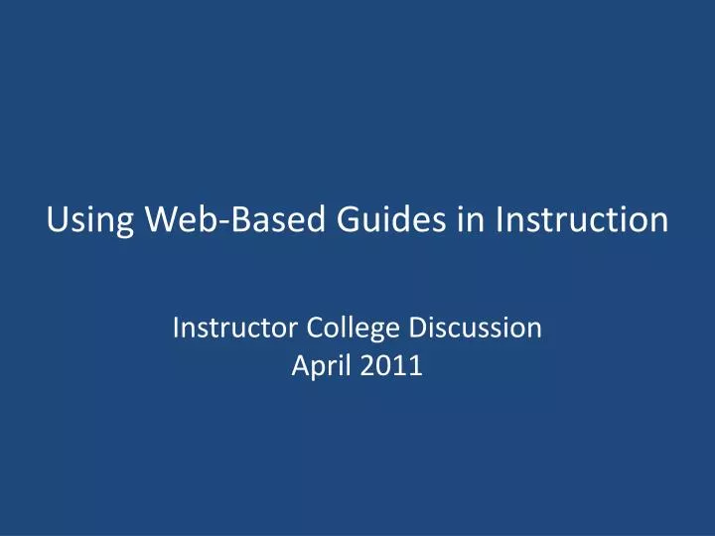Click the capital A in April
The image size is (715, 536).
(300, 365)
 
